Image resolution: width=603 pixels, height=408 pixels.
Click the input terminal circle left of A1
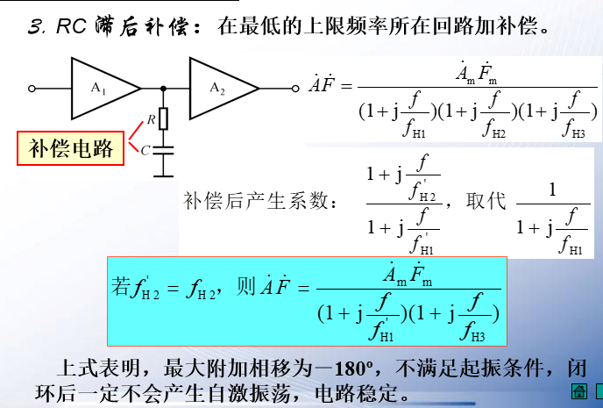pos(32,88)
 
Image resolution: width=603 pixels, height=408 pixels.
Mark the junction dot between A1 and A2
pos(164,88)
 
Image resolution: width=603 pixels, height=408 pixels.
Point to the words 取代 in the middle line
pos(489,200)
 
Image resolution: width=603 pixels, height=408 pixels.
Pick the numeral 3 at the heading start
pos(35,26)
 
